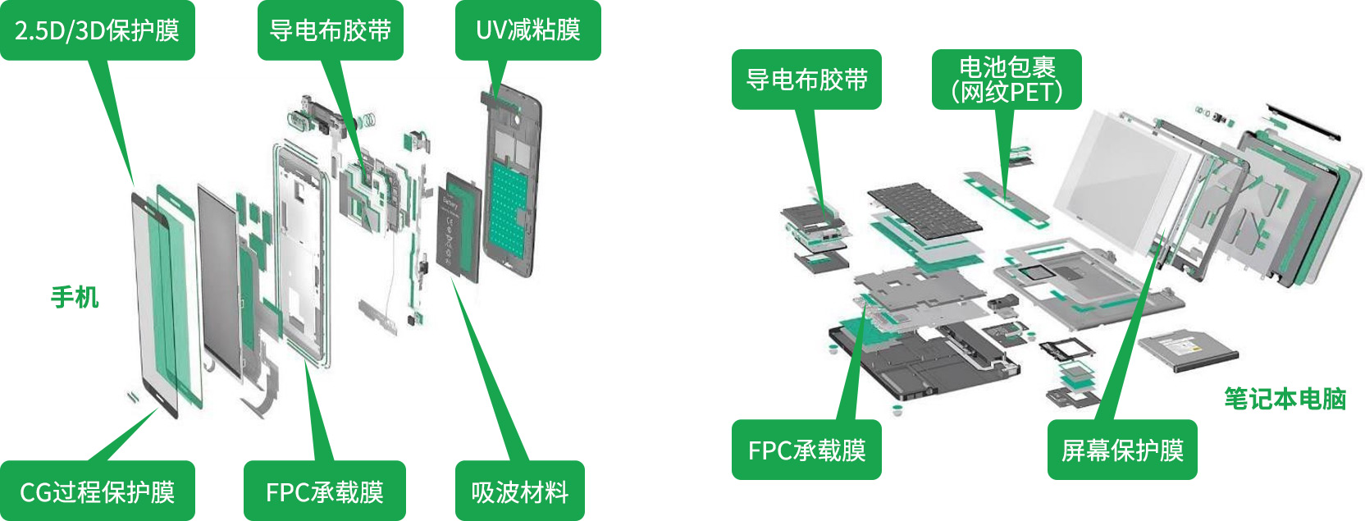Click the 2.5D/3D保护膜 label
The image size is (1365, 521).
tap(97, 30)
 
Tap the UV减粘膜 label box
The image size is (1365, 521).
tap(527, 30)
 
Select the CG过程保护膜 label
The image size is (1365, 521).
tap(97, 491)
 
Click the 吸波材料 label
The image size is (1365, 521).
tap(519, 491)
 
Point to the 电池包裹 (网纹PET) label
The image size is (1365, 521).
tap(1007, 80)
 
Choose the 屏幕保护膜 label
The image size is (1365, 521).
tap(1121, 450)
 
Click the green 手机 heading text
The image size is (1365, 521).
tap(75, 297)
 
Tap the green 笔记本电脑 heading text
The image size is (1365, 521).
tap(1285, 399)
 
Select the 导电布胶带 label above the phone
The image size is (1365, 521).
tap(330, 30)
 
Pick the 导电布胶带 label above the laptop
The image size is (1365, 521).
tap(806, 80)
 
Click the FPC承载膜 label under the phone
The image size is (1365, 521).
tap(324, 491)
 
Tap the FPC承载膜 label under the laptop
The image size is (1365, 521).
tap(806, 450)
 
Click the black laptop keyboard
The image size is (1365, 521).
tap(924, 210)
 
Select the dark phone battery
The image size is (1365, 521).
tap(459, 226)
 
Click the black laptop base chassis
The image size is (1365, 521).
tap(919, 361)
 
